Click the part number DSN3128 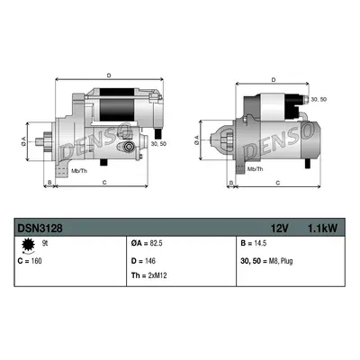(40, 229)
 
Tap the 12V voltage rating (280, 229)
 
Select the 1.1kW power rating (323, 229)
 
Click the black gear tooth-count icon (28, 245)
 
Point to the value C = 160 (30, 261)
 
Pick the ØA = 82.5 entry (147, 243)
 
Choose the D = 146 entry (143, 261)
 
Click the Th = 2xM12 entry (148, 275)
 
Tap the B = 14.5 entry (254, 243)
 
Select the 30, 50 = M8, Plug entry (266, 261)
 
